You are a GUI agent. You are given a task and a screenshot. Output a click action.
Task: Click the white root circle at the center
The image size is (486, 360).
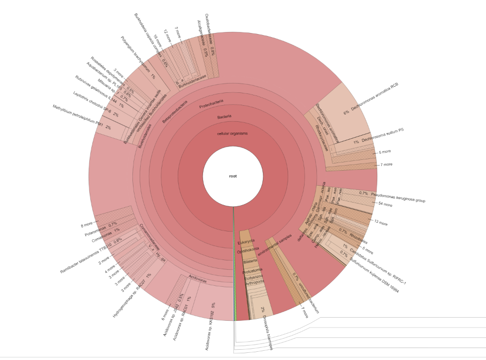pyautogui.click(x=233, y=176)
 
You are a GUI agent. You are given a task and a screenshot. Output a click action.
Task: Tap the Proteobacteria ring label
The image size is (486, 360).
pyautogui.click(x=211, y=106)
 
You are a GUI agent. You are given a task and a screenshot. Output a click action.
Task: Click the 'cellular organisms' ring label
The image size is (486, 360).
pyautogui.click(x=232, y=134)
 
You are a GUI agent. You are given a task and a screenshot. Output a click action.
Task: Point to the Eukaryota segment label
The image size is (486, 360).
pyautogui.click(x=246, y=242)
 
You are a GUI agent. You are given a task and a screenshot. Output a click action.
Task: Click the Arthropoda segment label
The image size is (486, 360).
pyautogui.click(x=255, y=283)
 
